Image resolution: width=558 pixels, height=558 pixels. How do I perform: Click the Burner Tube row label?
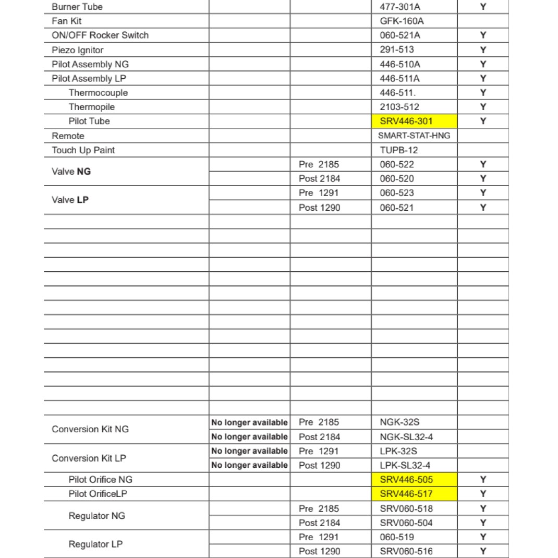click(x=77, y=7)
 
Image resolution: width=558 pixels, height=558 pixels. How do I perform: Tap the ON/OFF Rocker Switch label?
click(x=100, y=35)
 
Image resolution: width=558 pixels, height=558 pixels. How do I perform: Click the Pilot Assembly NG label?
click(x=90, y=64)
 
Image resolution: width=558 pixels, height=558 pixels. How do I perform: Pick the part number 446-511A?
click(x=400, y=78)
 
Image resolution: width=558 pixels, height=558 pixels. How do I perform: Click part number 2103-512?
click(x=399, y=107)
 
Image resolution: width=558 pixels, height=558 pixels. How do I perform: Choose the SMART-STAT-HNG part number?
click(x=414, y=136)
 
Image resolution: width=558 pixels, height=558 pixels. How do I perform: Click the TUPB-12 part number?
click(x=399, y=150)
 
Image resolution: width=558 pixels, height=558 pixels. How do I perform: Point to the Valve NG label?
click(x=71, y=172)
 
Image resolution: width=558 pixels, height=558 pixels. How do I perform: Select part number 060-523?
click(x=397, y=193)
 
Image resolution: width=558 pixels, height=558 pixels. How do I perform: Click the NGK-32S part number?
click(x=399, y=422)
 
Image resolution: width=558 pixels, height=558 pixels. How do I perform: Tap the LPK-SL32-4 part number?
click(x=405, y=465)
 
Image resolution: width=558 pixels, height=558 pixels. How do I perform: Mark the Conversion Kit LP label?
click(x=89, y=458)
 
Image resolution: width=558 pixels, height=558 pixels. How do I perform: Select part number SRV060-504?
click(x=406, y=523)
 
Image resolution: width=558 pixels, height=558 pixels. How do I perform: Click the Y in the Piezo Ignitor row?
click(x=483, y=50)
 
